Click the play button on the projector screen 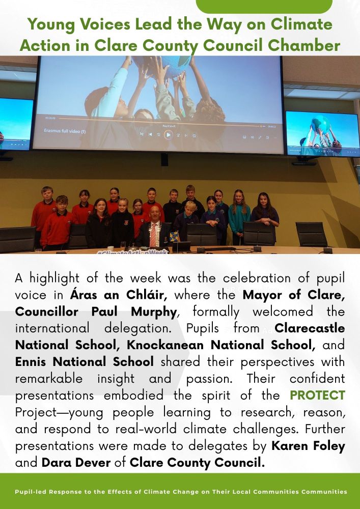(168, 135)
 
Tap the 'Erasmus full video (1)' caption (65, 131)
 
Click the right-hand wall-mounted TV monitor (322, 133)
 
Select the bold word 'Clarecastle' (310, 328)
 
